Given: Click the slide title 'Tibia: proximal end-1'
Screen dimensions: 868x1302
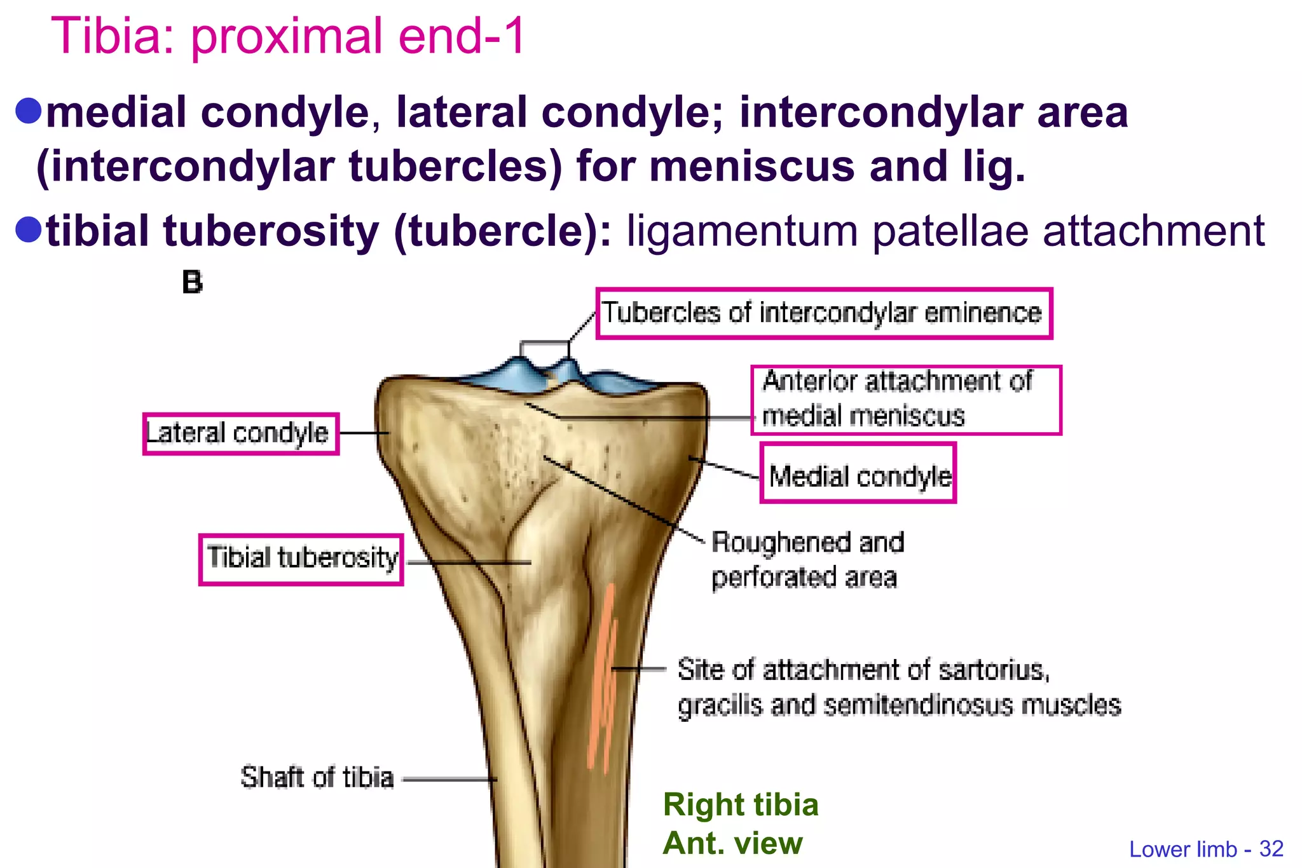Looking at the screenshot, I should (x=287, y=36).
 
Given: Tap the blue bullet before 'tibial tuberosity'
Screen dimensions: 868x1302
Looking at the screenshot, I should (x=28, y=229).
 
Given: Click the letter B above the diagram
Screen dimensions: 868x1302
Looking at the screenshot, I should (x=192, y=283).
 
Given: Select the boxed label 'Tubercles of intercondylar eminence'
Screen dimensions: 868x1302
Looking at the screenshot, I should (x=823, y=313).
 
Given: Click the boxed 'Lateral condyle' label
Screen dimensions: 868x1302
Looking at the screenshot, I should (x=240, y=434).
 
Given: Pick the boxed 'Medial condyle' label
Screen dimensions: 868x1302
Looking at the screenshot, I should (x=858, y=474).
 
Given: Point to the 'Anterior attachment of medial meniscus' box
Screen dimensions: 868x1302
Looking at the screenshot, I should (x=905, y=400).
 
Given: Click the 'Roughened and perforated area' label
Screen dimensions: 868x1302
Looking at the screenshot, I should (x=807, y=560).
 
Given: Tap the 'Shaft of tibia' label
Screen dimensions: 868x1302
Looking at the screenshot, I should (x=317, y=778).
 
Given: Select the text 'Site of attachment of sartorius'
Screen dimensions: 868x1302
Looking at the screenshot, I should (x=863, y=670).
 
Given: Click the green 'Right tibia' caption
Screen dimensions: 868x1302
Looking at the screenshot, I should (x=741, y=804).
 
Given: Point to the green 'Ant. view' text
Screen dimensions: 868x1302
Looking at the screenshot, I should (x=732, y=843).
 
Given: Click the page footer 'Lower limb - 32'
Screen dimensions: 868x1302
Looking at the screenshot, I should (x=1206, y=850).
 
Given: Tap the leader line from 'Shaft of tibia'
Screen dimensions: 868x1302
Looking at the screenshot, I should (x=448, y=779).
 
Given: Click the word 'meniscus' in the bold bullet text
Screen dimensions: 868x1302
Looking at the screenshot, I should (x=751, y=166).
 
